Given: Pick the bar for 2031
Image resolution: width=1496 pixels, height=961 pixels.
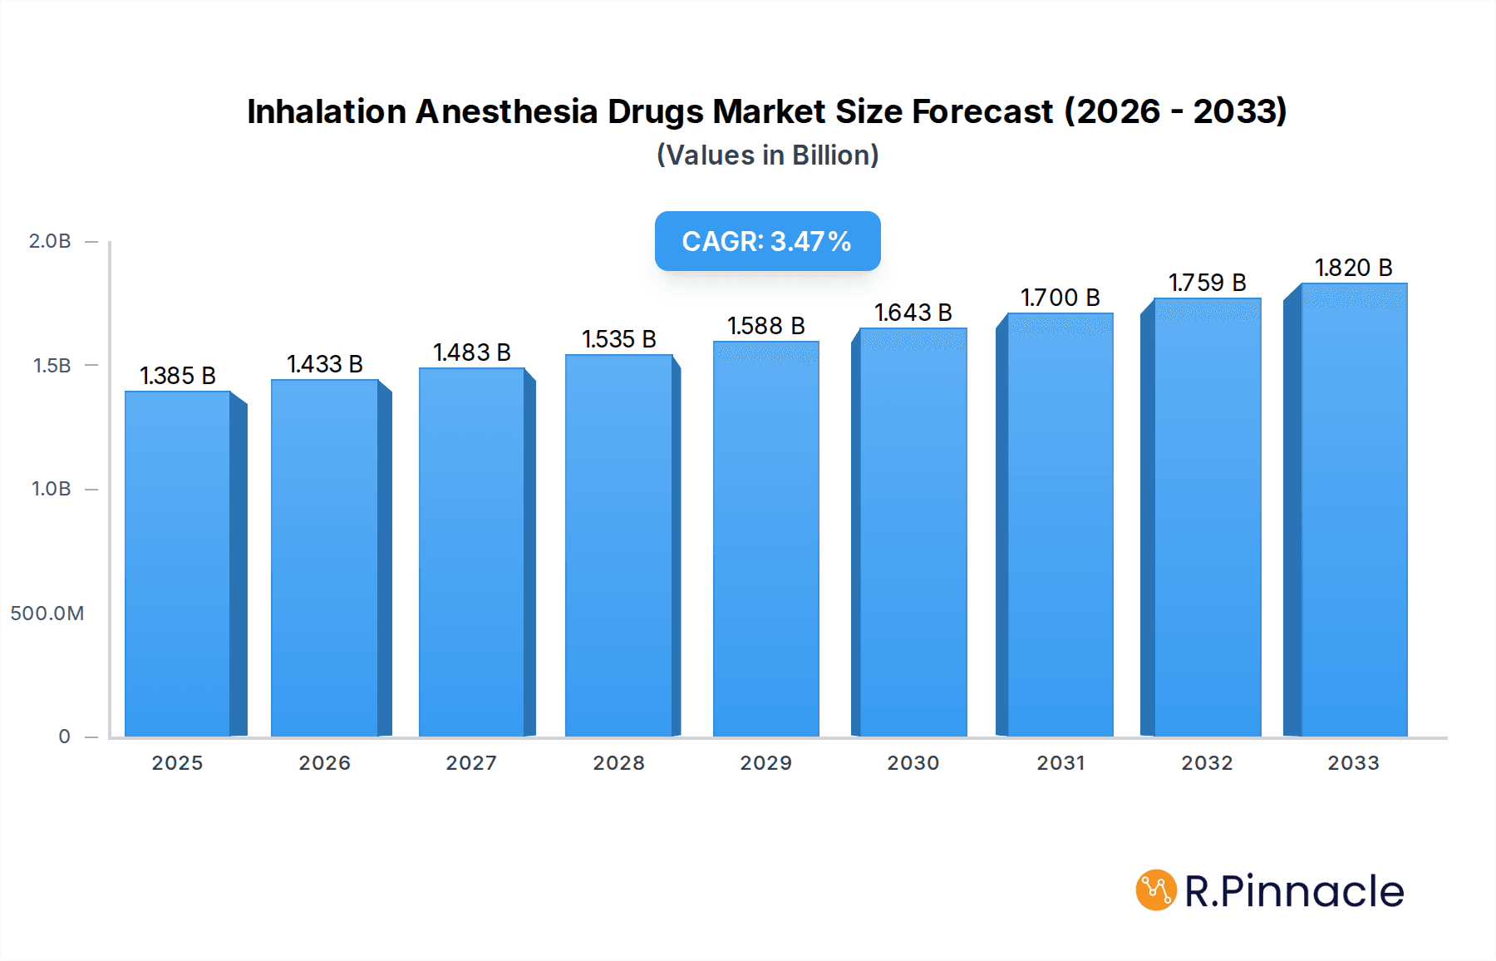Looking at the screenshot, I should click(x=1060, y=525).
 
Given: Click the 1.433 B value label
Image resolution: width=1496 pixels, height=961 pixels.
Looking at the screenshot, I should click(x=325, y=364).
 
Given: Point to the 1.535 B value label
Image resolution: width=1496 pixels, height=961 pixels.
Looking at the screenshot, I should click(x=619, y=339).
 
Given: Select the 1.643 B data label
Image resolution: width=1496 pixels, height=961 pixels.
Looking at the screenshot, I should click(x=913, y=313).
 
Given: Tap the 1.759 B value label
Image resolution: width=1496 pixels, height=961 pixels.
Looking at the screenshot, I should click(x=1207, y=283).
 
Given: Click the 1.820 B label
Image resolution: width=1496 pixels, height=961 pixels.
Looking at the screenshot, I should click(x=1353, y=268).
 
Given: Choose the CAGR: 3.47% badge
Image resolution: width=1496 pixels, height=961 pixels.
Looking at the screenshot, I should click(x=767, y=241).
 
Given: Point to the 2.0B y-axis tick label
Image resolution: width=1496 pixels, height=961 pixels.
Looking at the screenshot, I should click(x=50, y=241).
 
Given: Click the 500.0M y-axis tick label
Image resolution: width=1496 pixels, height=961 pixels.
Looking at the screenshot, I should click(x=47, y=614).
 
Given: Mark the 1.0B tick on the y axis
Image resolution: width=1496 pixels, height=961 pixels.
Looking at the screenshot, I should click(x=52, y=489).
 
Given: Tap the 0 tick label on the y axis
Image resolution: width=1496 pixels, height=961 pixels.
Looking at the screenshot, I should click(x=64, y=737).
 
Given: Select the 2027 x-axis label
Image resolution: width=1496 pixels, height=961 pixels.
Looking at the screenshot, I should click(x=471, y=763).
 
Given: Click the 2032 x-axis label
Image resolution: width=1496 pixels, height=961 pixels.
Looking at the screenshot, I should click(x=1207, y=763).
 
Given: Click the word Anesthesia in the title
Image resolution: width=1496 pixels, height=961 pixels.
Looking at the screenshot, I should click(x=506, y=111).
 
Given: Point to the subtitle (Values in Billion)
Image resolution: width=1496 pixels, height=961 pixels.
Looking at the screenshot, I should click(x=767, y=155).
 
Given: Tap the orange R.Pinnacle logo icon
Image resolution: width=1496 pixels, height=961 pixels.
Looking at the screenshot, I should click(x=1156, y=890).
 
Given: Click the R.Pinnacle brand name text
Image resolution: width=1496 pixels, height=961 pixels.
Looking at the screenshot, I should click(x=1293, y=891).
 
